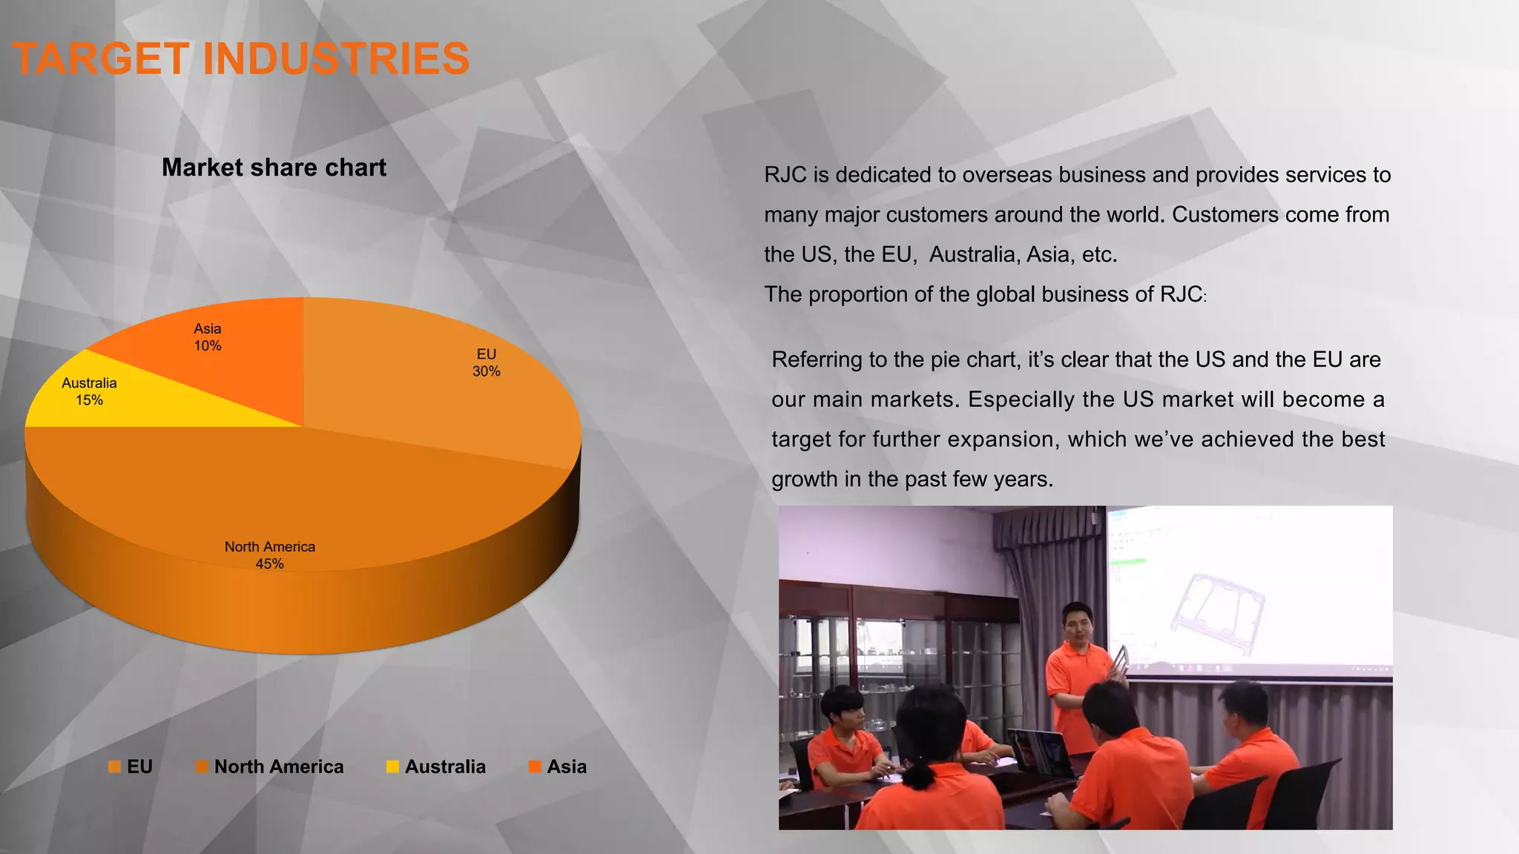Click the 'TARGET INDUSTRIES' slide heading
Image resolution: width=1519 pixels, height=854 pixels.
coord(240,59)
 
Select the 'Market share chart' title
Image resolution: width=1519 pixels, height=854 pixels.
coord(274,168)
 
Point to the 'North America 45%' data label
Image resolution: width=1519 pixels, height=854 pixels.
coord(270,555)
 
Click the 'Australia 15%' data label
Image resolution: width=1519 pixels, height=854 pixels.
coord(89,391)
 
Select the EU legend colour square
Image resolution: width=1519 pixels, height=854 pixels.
coord(114,767)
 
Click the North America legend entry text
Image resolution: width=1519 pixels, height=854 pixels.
coord(279,767)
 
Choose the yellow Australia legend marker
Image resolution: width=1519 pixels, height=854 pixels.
coord(392,767)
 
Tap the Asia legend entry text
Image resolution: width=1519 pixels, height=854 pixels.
coord(567,767)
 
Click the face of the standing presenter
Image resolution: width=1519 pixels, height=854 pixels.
coord(1077,625)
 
